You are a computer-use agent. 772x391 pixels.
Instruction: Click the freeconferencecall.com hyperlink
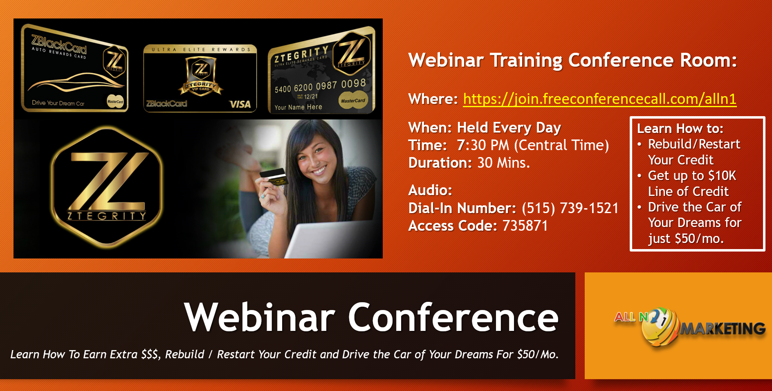click(x=600, y=99)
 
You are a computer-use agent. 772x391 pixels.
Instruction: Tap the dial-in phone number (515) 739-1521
click(x=570, y=208)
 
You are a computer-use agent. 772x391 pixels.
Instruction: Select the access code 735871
click(x=525, y=226)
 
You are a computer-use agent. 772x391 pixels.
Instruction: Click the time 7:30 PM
click(x=483, y=145)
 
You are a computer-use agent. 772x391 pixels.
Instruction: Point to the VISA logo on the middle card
click(x=240, y=104)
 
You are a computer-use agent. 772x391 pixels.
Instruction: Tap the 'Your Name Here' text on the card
click(x=298, y=107)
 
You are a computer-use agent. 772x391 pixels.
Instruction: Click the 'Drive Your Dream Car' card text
click(x=58, y=103)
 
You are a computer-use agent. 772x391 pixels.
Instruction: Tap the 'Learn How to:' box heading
click(x=680, y=128)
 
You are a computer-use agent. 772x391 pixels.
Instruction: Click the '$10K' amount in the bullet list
click(x=722, y=175)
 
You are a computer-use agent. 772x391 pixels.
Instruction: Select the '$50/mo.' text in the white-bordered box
click(x=699, y=238)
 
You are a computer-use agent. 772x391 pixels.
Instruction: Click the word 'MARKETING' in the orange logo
click(x=723, y=328)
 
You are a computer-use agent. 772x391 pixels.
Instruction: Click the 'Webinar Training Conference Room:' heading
click(x=572, y=60)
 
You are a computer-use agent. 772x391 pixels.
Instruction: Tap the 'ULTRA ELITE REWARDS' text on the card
click(x=201, y=49)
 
